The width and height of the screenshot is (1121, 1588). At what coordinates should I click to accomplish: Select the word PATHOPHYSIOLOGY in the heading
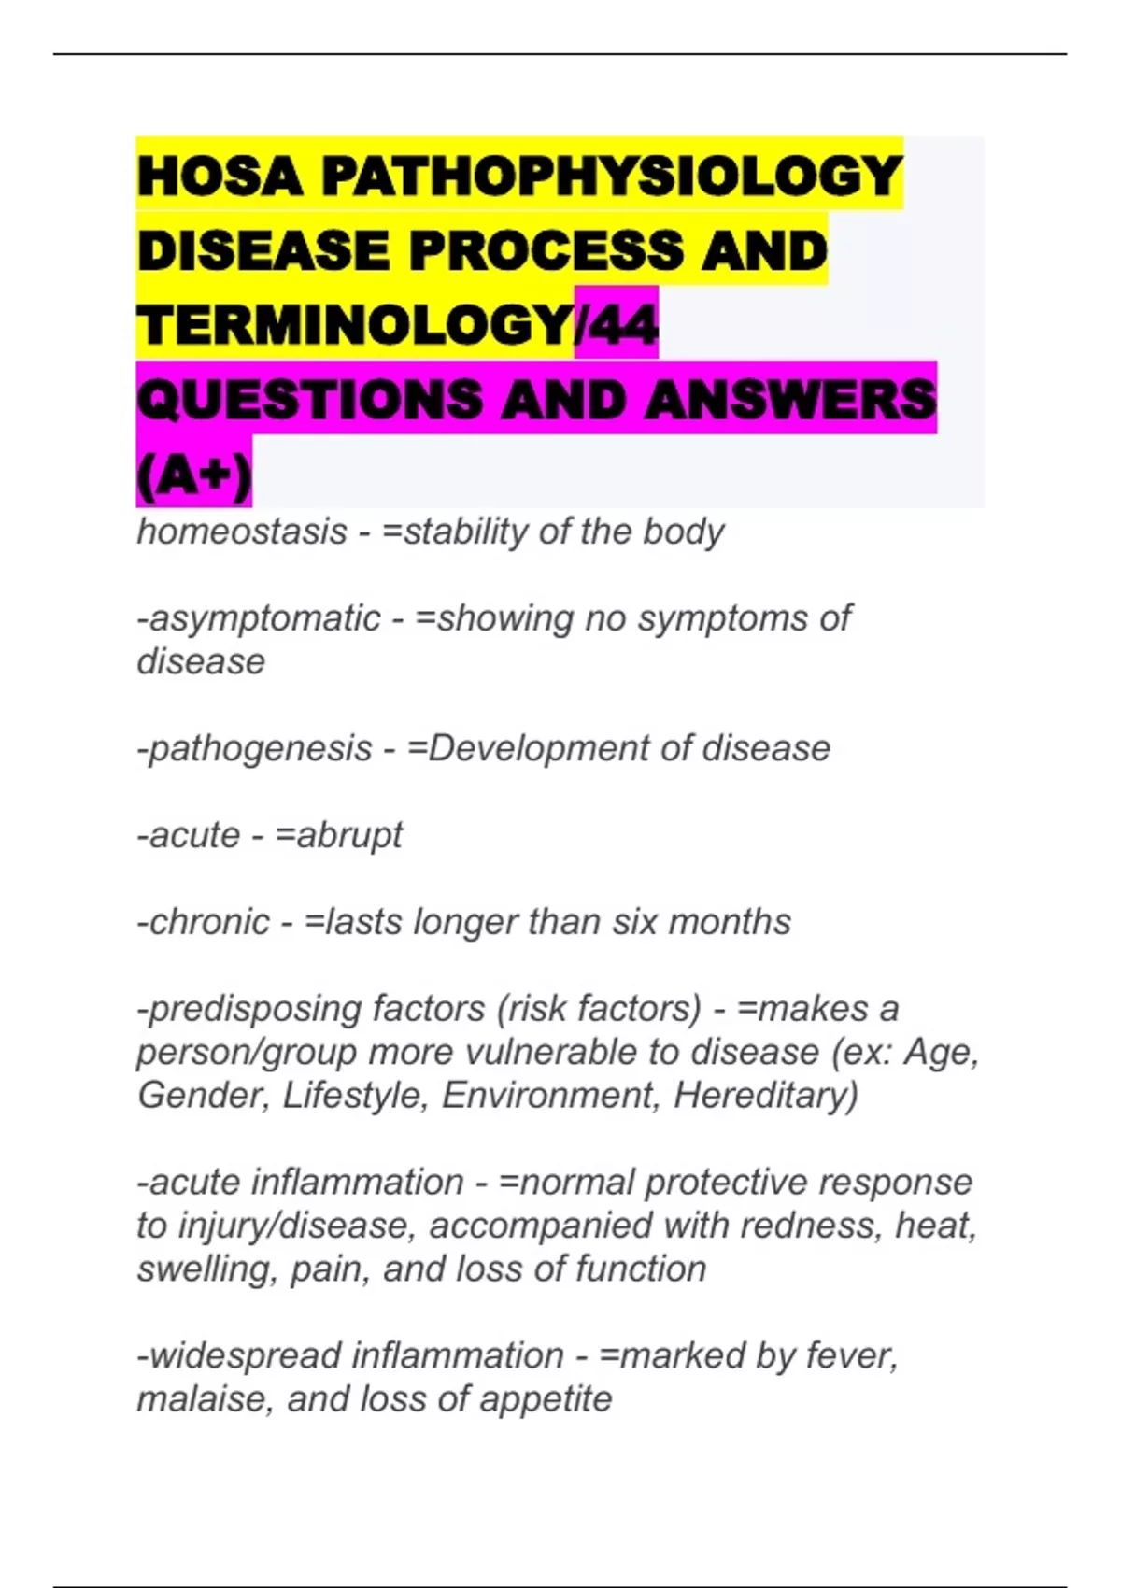612,176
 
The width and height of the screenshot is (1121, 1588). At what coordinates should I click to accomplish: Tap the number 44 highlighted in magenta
620,324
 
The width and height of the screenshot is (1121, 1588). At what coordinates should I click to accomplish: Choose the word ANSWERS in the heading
789,400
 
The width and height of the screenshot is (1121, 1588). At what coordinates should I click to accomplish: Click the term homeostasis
242,532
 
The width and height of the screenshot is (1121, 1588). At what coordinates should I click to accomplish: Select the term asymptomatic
264,618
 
